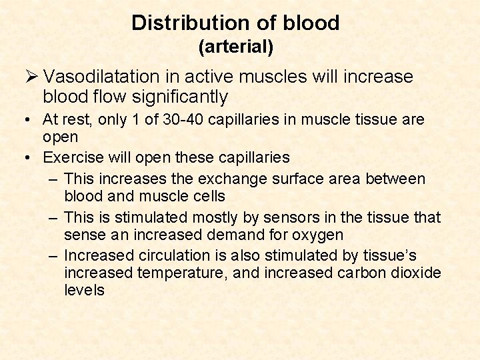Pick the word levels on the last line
(85, 290)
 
